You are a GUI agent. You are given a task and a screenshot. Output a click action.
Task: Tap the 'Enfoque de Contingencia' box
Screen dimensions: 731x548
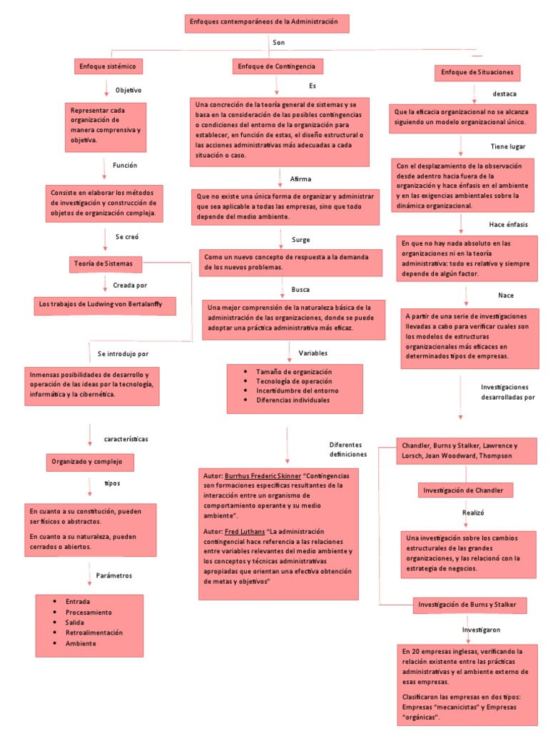278,66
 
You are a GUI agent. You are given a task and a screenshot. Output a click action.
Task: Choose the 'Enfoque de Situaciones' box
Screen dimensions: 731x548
477,73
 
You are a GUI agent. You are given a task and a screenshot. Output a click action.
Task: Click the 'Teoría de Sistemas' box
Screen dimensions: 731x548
106,263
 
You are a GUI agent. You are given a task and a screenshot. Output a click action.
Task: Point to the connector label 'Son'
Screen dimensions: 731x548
278,44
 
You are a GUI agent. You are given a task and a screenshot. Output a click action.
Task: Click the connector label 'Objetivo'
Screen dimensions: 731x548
128,90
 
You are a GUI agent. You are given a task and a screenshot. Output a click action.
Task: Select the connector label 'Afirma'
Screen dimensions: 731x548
300,178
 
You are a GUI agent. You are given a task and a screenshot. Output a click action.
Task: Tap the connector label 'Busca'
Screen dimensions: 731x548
300,290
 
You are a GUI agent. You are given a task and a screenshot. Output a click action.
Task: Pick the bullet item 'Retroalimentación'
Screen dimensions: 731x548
93,632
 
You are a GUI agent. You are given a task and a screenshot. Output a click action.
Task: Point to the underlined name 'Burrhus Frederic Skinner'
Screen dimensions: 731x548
263,475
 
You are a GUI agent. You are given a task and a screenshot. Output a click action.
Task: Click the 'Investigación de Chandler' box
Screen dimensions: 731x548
465,490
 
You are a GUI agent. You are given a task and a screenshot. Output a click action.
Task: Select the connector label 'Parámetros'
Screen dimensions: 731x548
113,575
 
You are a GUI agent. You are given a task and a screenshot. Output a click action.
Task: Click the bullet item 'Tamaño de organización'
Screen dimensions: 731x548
294,372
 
